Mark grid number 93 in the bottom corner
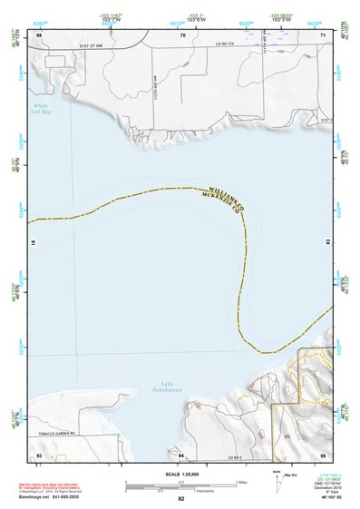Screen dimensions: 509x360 click(38, 455)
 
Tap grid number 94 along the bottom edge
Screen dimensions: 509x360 click(181, 455)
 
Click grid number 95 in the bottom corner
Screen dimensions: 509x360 click(323, 455)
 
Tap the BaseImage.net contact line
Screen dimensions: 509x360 click(50, 499)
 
